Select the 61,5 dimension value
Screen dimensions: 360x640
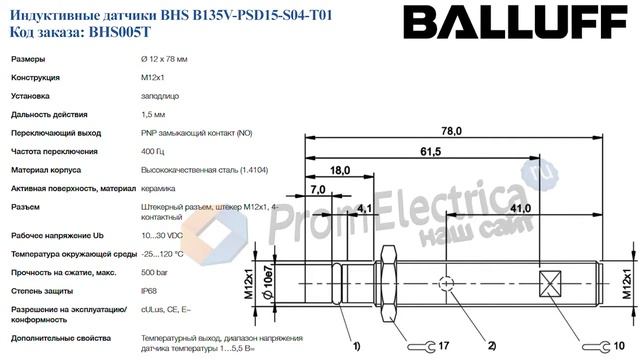431,152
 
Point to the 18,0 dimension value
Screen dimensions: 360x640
340,171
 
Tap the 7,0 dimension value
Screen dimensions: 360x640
320,189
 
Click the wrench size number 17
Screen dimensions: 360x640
444,345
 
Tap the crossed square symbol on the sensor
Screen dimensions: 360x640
549,284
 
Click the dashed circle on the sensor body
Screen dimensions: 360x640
449,285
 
